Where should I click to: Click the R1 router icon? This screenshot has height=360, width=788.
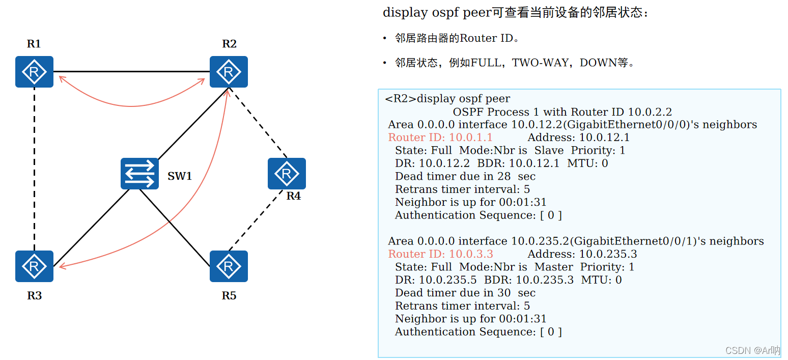click(34, 72)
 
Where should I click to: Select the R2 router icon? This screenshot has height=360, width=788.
click(229, 72)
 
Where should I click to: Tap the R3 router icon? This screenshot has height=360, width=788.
click(34, 266)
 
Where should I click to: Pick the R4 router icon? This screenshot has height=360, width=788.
click(287, 174)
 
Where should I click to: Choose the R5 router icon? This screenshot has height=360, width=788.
click(229, 266)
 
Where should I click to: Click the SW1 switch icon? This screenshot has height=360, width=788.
click(139, 174)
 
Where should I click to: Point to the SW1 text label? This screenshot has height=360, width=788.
click(180, 177)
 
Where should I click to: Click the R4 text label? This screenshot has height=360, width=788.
click(293, 196)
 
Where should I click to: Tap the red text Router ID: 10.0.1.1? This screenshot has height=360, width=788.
click(440, 137)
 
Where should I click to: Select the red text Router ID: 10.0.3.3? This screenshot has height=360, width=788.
click(440, 254)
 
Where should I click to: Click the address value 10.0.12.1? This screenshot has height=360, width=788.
click(604, 137)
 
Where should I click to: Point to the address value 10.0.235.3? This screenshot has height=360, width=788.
click(608, 254)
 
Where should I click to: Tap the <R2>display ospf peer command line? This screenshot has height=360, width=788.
click(447, 99)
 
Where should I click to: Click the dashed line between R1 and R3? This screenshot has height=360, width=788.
click(34, 168)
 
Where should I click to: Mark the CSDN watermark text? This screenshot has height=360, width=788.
click(752, 350)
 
